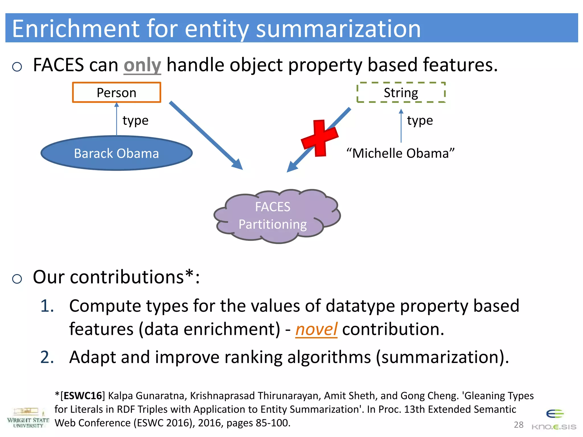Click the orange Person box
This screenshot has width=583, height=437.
[116, 92]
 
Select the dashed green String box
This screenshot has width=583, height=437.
[401, 92]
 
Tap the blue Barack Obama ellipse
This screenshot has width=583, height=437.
[116, 153]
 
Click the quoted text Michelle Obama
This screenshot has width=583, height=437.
[401, 153]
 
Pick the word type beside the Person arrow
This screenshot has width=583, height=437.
[136, 121]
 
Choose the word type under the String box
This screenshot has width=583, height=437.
[420, 121]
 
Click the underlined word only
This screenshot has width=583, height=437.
[142, 65]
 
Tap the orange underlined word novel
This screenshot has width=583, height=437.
[316, 329]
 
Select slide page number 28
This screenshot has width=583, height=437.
[518, 425]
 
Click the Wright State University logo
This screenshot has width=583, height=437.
[28, 418]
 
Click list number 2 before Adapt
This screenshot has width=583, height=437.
[47, 357]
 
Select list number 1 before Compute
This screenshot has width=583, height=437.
[47, 306]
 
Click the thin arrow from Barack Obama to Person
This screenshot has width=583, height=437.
[116, 119]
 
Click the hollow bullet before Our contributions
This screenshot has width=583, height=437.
[17, 279]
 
